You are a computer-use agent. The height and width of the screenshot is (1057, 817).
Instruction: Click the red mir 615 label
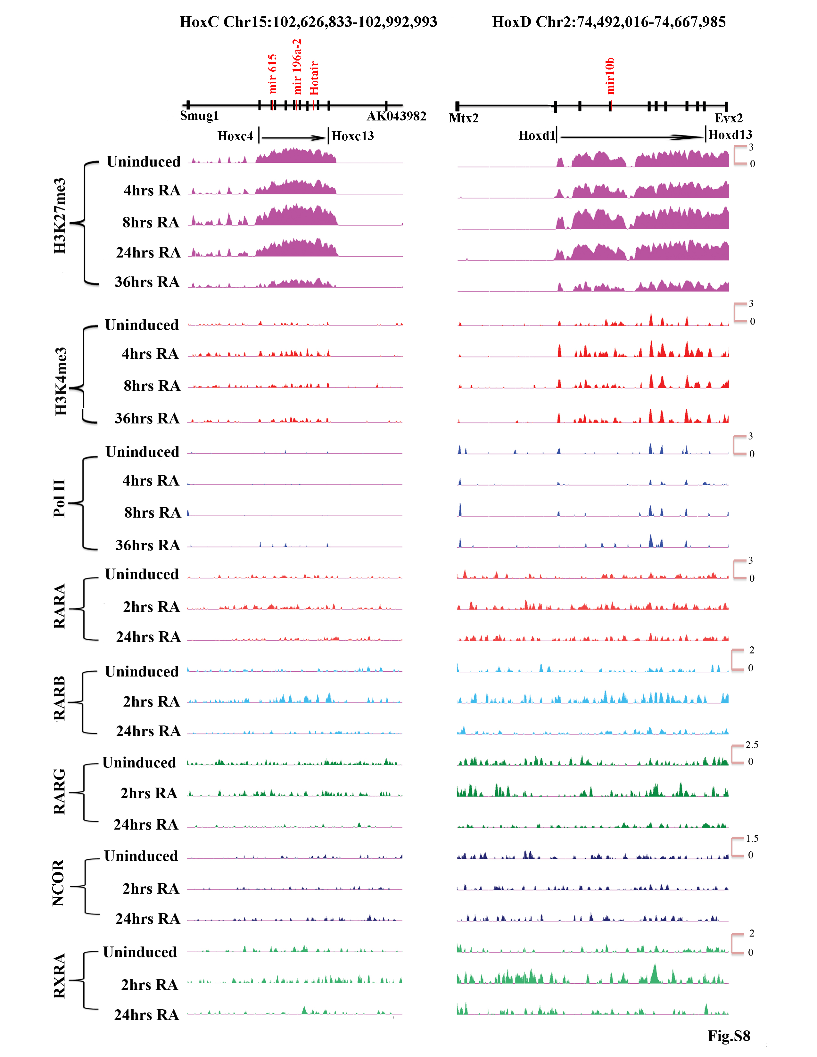point(273,74)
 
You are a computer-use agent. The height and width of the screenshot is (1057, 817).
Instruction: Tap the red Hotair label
point(314,78)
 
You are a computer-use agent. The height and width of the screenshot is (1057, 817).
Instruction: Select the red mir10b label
point(610,76)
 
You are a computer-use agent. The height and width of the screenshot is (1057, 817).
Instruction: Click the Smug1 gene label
point(199,116)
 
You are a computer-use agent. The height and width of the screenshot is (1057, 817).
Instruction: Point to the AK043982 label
point(396,116)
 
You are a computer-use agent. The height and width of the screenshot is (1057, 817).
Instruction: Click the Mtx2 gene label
point(463,118)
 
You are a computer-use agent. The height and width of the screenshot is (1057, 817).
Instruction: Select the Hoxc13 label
point(353,136)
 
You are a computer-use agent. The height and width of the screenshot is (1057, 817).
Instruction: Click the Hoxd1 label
point(536,135)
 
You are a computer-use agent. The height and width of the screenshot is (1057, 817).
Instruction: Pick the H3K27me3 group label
point(60,216)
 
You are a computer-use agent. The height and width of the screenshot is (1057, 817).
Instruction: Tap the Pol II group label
point(59,498)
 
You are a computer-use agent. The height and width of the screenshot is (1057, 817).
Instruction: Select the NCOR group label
point(58,883)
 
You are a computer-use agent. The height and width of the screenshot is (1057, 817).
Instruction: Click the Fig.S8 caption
point(729,1036)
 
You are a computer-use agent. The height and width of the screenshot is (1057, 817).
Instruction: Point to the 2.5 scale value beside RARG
point(752,745)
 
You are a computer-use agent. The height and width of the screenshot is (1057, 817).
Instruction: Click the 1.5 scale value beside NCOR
point(752,838)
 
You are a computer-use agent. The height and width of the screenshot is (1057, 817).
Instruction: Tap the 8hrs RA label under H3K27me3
point(151,222)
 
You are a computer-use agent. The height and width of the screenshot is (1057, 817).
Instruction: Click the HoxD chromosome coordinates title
point(609,22)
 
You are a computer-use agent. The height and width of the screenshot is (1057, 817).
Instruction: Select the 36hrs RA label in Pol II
point(148,545)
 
